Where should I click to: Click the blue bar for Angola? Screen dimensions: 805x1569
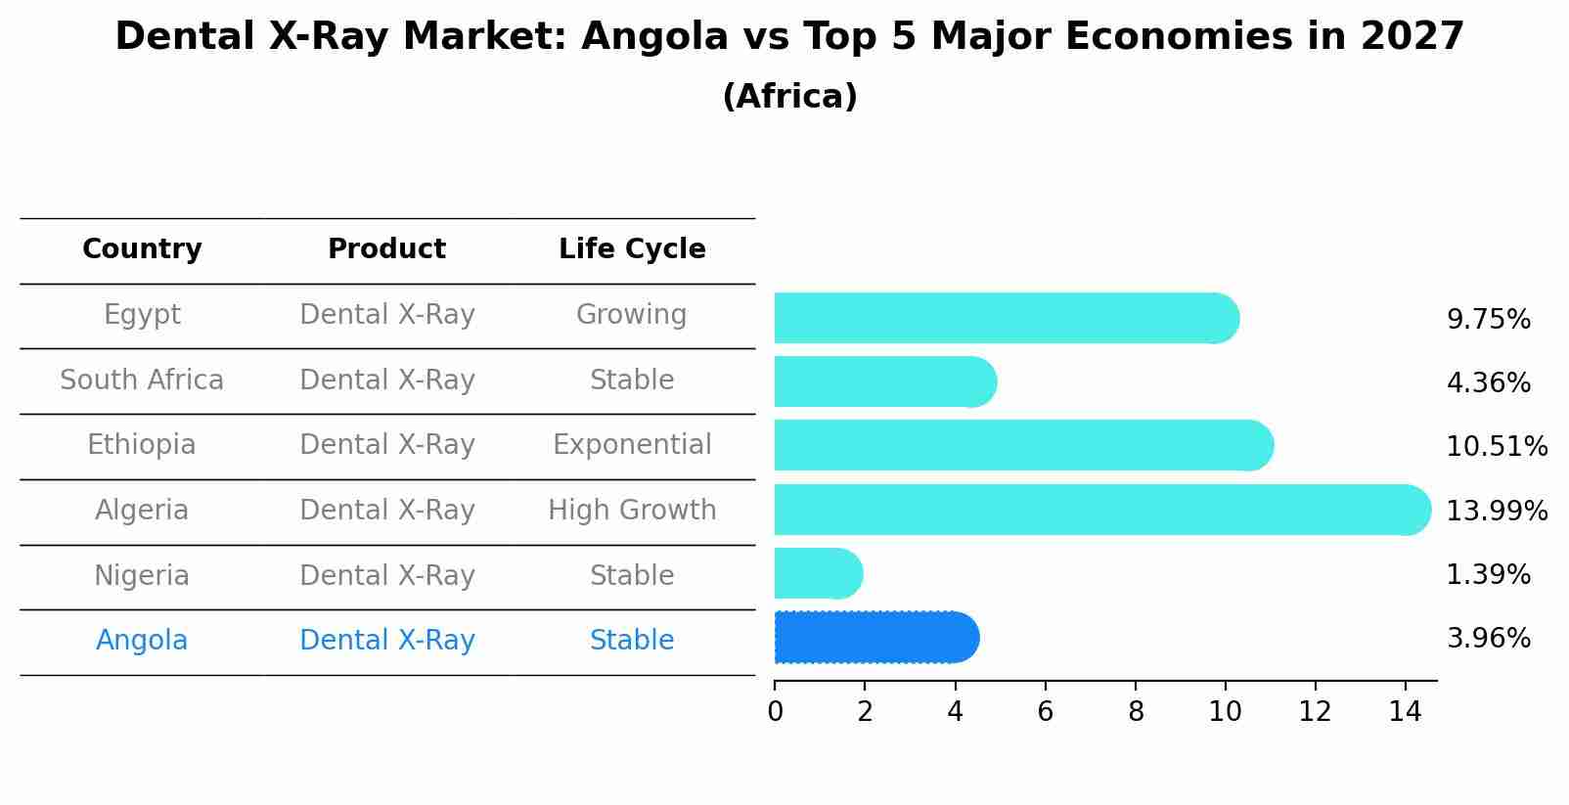pos(875,638)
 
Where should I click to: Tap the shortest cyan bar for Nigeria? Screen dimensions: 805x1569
pos(818,573)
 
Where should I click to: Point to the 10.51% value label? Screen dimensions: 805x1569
pos(1496,447)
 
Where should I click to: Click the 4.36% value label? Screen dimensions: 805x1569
pos(1488,382)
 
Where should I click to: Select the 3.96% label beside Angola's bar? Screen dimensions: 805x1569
pos(1488,639)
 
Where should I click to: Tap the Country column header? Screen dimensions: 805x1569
pos(142,249)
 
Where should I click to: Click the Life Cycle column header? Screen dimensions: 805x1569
pos(632,249)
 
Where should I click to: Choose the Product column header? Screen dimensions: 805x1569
pos(386,249)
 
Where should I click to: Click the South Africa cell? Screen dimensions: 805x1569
pos(142,380)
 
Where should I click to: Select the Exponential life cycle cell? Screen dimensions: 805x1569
pos(632,445)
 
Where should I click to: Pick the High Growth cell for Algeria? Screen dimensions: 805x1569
pos(632,510)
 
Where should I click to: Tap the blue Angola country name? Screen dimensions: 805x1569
pos(142,641)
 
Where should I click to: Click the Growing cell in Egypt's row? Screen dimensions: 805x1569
pos(632,315)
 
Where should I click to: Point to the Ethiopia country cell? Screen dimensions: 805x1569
pos(142,445)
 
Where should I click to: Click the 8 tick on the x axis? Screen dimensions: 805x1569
pos(1136,712)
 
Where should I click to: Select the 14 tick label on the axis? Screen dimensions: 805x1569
pos(1405,712)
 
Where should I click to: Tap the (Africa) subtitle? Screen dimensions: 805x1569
pos(789,97)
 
